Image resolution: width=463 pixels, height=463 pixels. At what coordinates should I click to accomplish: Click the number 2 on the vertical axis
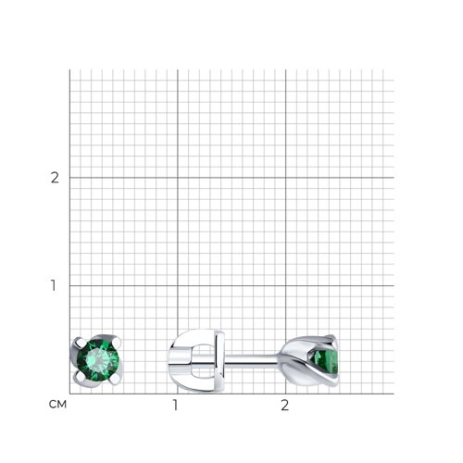(x=55, y=178)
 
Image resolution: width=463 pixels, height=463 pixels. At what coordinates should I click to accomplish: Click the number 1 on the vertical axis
(x=54, y=285)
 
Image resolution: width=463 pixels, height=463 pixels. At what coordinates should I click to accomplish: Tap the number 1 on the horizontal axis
(x=175, y=405)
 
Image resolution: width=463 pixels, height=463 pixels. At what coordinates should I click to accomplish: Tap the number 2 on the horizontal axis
(x=285, y=405)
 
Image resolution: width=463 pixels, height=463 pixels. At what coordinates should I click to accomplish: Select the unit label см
(x=57, y=405)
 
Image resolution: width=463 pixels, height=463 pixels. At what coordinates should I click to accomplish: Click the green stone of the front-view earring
(x=98, y=360)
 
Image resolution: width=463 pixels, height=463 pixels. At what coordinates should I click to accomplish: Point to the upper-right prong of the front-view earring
(x=117, y=341)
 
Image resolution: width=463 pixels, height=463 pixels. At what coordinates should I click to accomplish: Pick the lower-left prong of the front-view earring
(x=79, y=376)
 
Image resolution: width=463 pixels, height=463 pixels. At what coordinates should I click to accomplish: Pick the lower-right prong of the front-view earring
(x=115, y=380)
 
